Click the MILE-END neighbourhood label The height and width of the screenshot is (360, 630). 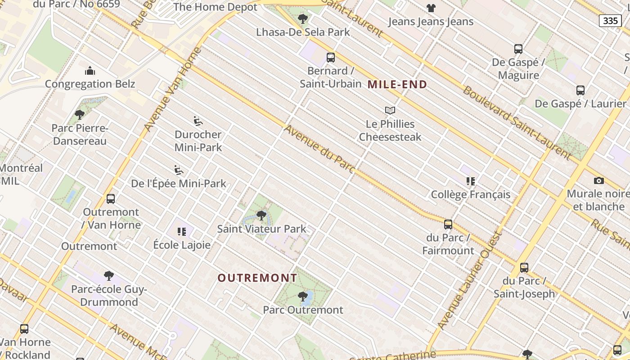coord(397,84)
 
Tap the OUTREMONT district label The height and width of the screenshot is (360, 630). coord(257,278)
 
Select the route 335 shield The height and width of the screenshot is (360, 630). coord(610,21)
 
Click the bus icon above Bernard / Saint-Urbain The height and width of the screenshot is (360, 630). coord(331,58)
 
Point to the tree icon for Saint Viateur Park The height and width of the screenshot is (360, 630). coord(261,216)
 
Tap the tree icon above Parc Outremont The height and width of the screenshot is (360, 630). coord(303,297)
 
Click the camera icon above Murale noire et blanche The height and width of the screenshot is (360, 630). coord(598,180)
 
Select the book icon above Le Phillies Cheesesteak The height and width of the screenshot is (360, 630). coord(390,110)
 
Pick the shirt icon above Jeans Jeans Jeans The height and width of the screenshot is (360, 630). coord(431,8)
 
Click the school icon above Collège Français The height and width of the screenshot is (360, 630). coord(471,181)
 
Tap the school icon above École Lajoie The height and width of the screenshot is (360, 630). coord(182,232)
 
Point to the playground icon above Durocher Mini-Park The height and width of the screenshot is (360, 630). coord(198,121)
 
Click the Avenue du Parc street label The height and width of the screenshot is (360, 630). coord(319,149)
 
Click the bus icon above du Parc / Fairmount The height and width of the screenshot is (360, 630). coord(448,224)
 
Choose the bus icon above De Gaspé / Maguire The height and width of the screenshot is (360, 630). coord(518,49)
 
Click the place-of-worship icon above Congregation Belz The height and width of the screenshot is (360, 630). coord(90,71)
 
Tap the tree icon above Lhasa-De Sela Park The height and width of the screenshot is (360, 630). coord(303,19)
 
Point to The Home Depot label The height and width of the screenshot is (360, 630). coord(215,7)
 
